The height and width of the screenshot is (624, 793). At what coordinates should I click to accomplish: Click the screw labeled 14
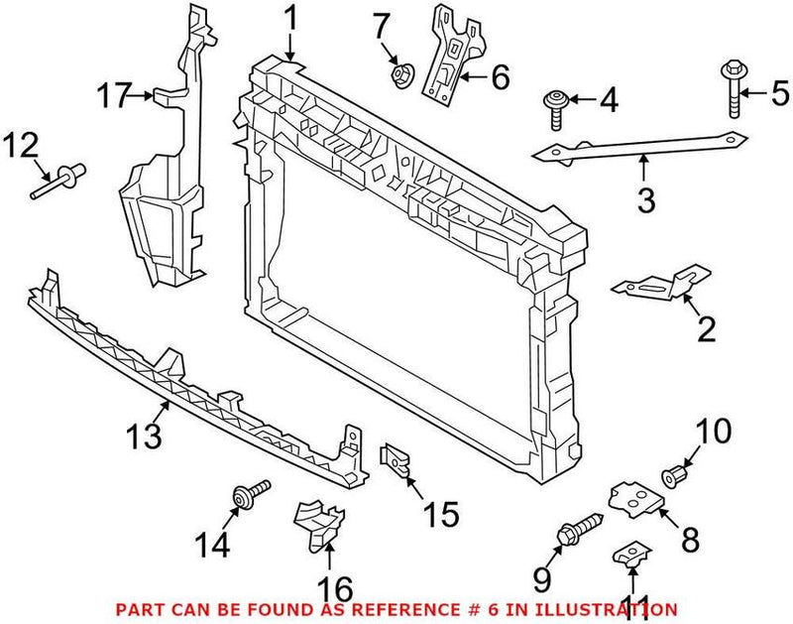point(250,493)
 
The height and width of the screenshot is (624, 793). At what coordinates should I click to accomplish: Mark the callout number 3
point(645,200)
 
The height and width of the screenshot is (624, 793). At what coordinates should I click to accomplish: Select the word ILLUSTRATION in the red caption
point(614,608)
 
